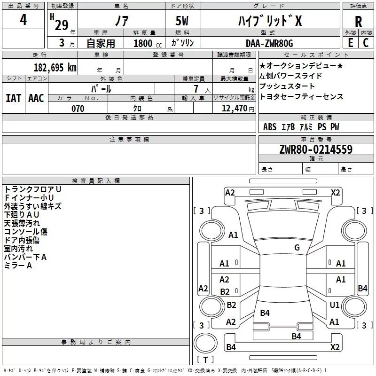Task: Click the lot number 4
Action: point(23,20)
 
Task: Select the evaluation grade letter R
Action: point(358,22)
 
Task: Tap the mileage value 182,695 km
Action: point(55,68)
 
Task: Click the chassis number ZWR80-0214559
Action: point(316,149)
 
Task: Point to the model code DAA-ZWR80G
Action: point(269,43)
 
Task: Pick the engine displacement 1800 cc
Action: point(148,43)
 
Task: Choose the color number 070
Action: point(78,109)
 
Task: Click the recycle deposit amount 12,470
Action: point(234,109)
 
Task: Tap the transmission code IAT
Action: point(14,98)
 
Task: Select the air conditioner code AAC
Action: point(36,98)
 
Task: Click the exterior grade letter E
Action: point(350,43)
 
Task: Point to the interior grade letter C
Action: point(366,43)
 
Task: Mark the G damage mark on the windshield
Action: point(297,248)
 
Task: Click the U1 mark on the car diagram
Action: point(335,305)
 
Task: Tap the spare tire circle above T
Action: point(205,343)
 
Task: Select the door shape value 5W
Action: point(182,21)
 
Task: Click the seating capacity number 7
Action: point(196,89)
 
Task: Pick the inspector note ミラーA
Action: point(18,266)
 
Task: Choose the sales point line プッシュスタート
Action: point(287,86)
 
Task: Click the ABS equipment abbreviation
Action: point(270,127)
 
